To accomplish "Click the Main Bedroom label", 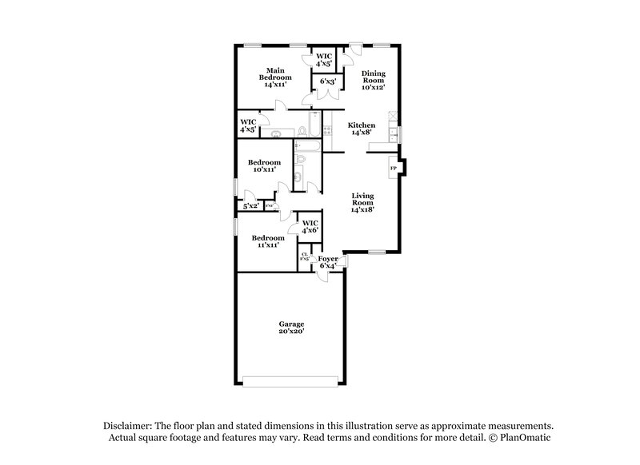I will point(278,77).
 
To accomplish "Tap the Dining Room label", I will point(374,80).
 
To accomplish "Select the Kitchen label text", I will point(361,129).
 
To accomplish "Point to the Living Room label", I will point(362,203).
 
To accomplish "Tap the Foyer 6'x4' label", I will point(328,263).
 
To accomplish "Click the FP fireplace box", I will point(392,169).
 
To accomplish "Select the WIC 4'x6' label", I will point(310,226).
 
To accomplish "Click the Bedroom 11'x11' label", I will point(267,241).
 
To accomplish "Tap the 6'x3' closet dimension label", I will point(327,81).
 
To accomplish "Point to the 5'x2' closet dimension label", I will point(251,206).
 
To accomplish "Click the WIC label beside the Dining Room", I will point(323,59).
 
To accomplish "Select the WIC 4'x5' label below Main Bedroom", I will point(248,125).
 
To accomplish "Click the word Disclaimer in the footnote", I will point(130,427).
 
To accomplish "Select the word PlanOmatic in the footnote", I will point(526,439).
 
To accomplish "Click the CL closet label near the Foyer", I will point(305,257).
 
